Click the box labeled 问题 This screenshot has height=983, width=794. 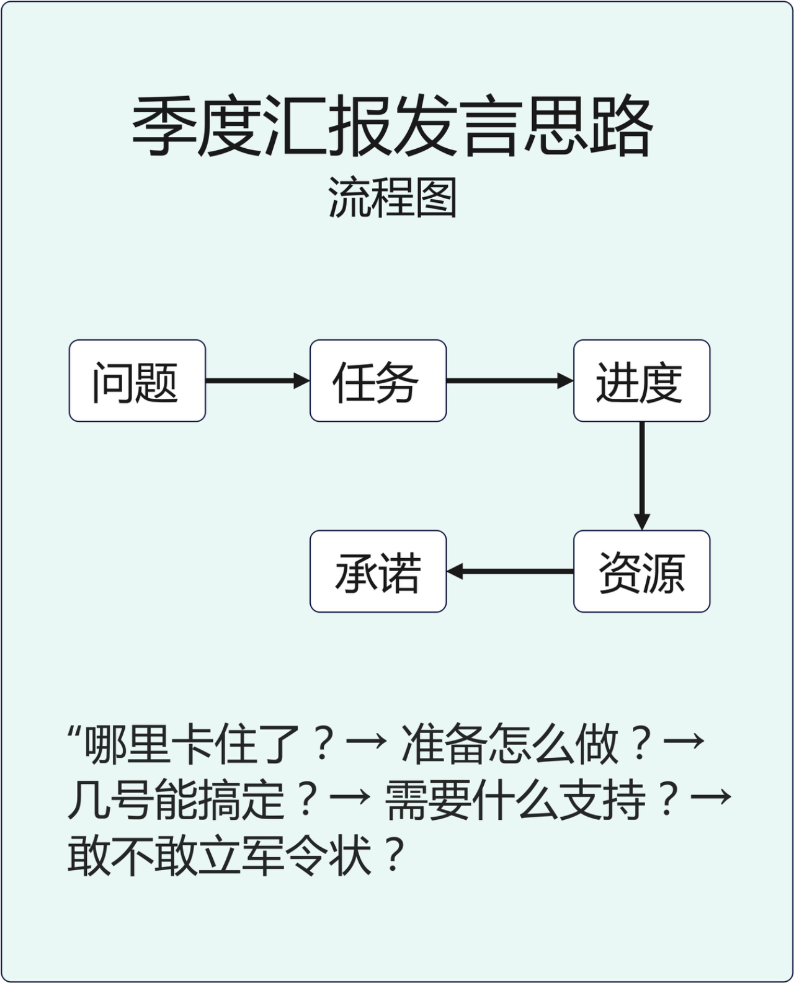[137, 381]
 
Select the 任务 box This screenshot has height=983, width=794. [378, 381]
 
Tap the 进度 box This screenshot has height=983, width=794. [641, 381]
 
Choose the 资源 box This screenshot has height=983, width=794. [641, 571]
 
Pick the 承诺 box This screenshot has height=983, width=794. [378, 571]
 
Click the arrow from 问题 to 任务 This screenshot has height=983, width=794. [257, 381]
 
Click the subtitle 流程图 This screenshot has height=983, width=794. [392, 198]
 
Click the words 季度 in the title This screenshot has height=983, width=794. [196, 127]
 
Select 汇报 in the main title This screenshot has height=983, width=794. [328, 127]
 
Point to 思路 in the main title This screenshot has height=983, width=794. [588, 127]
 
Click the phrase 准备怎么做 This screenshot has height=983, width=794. [511, 744]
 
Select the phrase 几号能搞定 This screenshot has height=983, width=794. [177, 799]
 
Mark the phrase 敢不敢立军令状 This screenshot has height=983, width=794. [220, 855]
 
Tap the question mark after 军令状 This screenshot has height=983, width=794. [393, 855]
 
